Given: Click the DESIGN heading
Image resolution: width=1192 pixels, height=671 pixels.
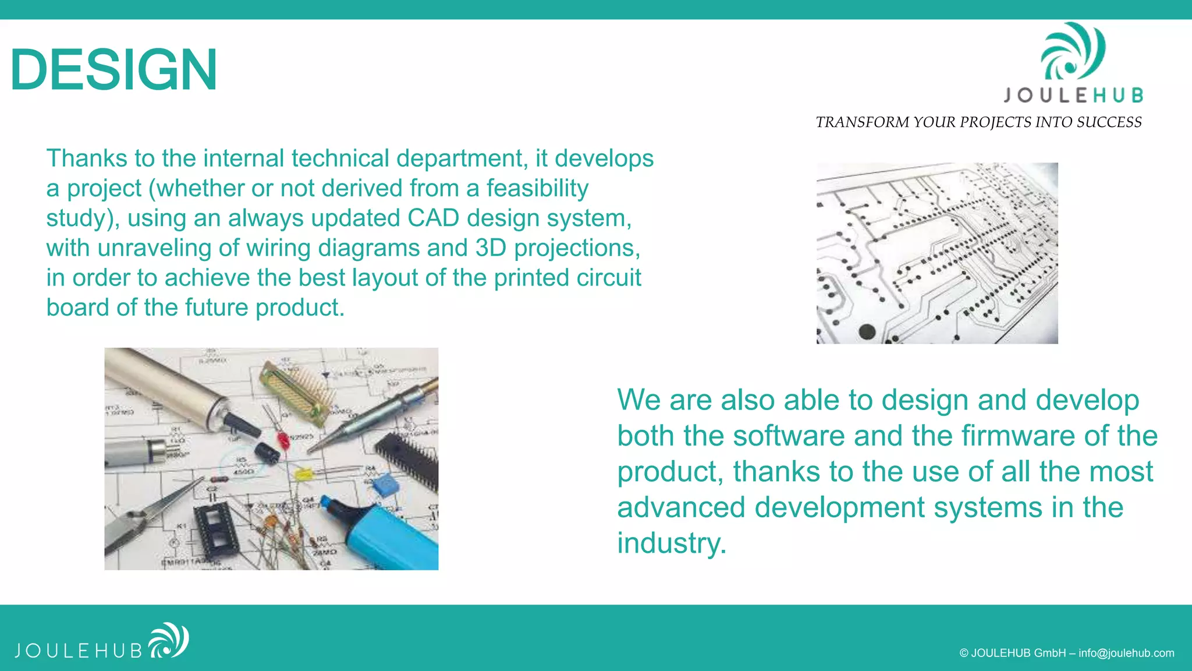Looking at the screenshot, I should coord(114,70).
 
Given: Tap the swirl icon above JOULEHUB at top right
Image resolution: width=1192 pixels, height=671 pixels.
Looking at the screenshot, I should coord(1072,52).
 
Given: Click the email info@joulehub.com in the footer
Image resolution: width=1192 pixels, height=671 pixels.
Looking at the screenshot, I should coord(1126,653).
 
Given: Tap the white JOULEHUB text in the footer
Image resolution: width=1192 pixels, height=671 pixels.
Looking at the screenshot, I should coord(79,651).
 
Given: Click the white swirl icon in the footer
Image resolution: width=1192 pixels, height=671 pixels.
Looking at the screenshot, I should coord(169,640).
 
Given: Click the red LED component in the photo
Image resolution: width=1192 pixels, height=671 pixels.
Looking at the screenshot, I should coord(283,439).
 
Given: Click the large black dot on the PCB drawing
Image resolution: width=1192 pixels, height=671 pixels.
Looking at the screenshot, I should coord(867,331).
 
